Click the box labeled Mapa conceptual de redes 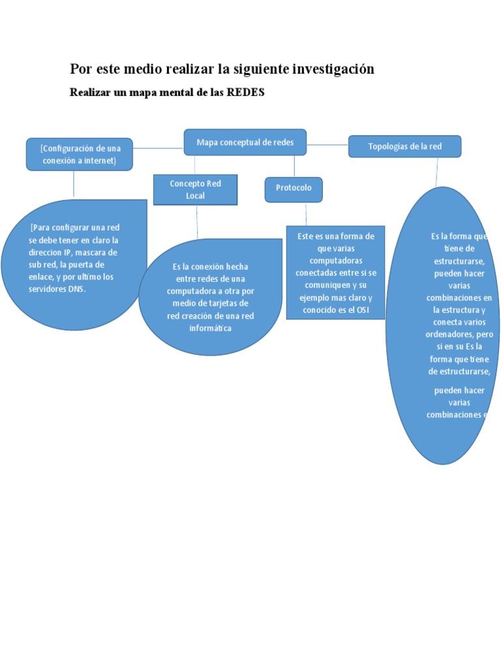point(245,142)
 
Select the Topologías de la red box point(404,146)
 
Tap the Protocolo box point(294,188)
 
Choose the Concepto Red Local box point(195,189)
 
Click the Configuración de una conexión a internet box point(80,154)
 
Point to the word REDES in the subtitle point(245,93)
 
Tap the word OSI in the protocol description point(363,310)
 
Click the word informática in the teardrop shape point(210,328)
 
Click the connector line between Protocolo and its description point(306,214)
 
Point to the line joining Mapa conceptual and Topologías point(327,144)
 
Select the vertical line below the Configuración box point(74,184)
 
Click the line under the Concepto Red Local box point(197,222)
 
